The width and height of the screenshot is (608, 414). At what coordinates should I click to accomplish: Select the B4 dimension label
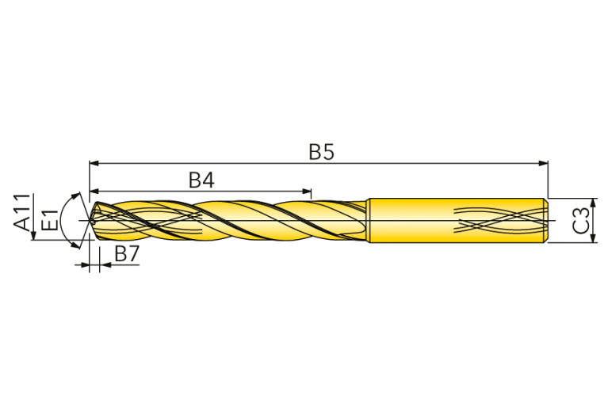pyautogui.click(x=201, y=180)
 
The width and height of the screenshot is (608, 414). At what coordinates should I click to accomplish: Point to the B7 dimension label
pyautogui.click(x=127, y=254)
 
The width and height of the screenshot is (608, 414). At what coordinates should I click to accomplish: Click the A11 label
pyautogui.click(x=21, y=212)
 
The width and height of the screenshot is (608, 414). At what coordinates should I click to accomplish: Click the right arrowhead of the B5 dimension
pyautogui.click(x=544, y=163)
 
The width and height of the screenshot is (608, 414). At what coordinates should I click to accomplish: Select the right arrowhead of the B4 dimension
pyautogui.click(x=307, y=192)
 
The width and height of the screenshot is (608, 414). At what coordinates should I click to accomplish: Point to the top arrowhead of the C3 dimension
pyautogui.click(x=593, y=202)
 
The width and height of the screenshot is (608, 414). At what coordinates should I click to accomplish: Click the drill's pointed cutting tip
pyautogui.click(x=92, y=220)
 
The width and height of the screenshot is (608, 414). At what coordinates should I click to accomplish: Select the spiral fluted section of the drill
pyautogui.click(x=230, y=219)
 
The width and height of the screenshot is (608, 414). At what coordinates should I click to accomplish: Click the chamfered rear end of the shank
pyautogui.click(x=545, y=219)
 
